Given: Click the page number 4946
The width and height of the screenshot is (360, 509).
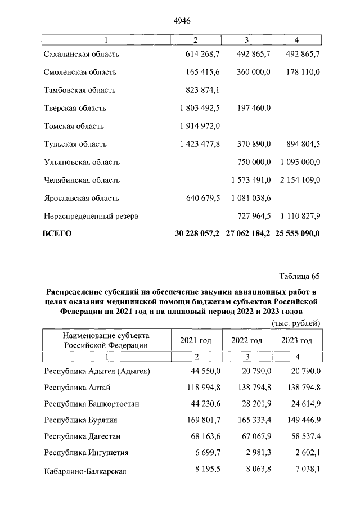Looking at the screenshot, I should click(182, 21).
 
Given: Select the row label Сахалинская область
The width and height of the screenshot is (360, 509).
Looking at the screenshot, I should click(82, 54).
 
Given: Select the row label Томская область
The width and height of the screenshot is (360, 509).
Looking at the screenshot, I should click(73, 126).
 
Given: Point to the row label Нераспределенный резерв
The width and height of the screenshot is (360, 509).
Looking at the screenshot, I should click(91, 216).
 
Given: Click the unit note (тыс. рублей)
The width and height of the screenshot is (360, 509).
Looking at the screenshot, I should click(296, 323).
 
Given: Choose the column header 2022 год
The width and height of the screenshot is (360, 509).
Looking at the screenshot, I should click(246, 340).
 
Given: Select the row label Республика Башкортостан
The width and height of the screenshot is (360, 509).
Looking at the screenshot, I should click(91, 404).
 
